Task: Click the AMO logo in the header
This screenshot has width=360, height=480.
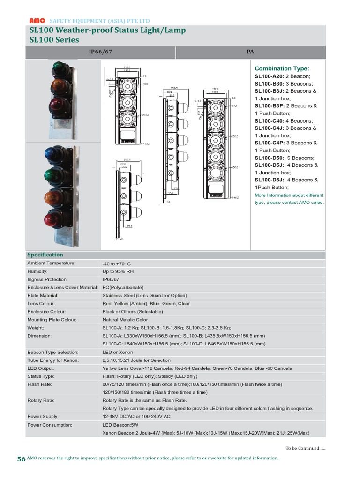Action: point(37,21)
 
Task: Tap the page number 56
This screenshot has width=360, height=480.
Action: point(21,459)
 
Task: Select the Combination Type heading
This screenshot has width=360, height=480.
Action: point(282,68)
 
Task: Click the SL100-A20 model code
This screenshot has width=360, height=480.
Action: point(270,76)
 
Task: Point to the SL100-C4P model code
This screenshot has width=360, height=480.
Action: point(270,143)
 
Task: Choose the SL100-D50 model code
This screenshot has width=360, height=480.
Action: point(270,158)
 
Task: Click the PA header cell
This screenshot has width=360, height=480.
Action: point(250,52)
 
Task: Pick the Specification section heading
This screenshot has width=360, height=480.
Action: point(45,255)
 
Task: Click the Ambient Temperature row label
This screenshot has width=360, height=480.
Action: point(51,263)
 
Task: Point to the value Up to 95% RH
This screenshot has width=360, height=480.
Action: point(118,271)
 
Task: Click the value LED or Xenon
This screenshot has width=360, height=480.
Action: point(118,352)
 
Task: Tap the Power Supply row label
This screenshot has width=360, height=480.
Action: point(43,417)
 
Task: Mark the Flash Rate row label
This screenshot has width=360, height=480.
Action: point(40,384)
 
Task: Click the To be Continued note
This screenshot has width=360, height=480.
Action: point(305,448)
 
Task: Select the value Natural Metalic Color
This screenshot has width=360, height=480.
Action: point(125,320)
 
